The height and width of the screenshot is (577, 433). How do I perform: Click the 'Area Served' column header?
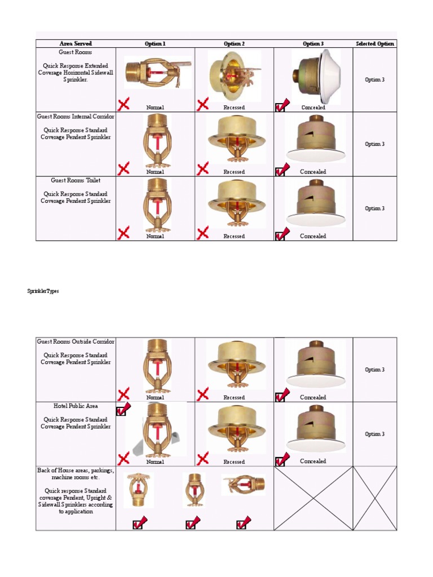pyautogui.click(x=76, y=43)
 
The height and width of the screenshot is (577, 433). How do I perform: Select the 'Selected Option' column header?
pyautogui.click(x=375, y=43)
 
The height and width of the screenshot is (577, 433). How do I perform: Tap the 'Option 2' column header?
pyautogui.click(x=234, y=43)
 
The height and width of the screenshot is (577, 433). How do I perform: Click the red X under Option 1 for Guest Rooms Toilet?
pyautogui.click(x=123, y=232)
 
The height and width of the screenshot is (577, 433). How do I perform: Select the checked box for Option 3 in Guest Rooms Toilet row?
pyautogui.click(x=281, y=233)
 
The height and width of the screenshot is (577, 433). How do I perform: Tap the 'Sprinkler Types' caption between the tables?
pyautogui.click(x=43, y=291)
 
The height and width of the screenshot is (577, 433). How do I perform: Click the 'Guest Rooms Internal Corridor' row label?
pyautogui.click(x=76, y=117)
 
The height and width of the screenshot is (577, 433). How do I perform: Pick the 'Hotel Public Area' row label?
pyautogui.click(x=76, y=406)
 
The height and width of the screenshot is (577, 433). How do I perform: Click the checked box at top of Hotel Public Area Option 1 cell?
pyautogui.click(x=122, y=410)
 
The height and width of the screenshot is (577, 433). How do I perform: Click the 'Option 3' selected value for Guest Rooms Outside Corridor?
pyautogui.click(x=374, y=370)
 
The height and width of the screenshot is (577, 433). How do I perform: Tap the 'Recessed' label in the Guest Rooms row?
pyautogui.click(x=234, y=107)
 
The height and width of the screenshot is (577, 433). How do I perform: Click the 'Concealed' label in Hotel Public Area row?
pyautogui.click(x=313, y=461)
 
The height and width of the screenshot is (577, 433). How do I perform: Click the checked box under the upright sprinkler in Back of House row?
pyautogui.click(x=192, y=523)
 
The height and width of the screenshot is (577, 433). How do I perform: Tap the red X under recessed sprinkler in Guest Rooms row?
pyautogui.click(x=202, y=104)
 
